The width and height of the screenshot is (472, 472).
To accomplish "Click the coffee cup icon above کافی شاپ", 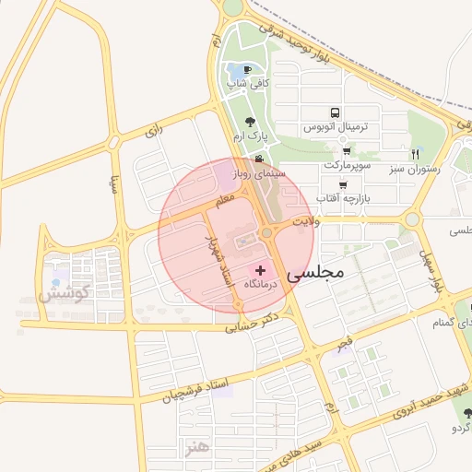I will tap(248, 69).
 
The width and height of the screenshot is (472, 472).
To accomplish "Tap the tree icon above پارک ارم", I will tap(250, 121).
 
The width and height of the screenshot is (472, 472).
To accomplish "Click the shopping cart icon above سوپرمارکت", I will tap(347, 151).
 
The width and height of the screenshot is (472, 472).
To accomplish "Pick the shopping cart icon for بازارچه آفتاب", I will tap(342, 184).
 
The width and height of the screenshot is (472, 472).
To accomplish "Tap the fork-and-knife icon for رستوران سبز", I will tap(415, 154).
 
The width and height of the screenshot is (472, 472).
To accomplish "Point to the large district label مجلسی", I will tap(315, 273).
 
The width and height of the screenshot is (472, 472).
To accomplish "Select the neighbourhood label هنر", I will tap(197, 446).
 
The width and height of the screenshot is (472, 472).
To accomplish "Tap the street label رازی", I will tap(153, 132).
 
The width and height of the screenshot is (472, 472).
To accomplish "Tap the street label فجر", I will tap(344, 343).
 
